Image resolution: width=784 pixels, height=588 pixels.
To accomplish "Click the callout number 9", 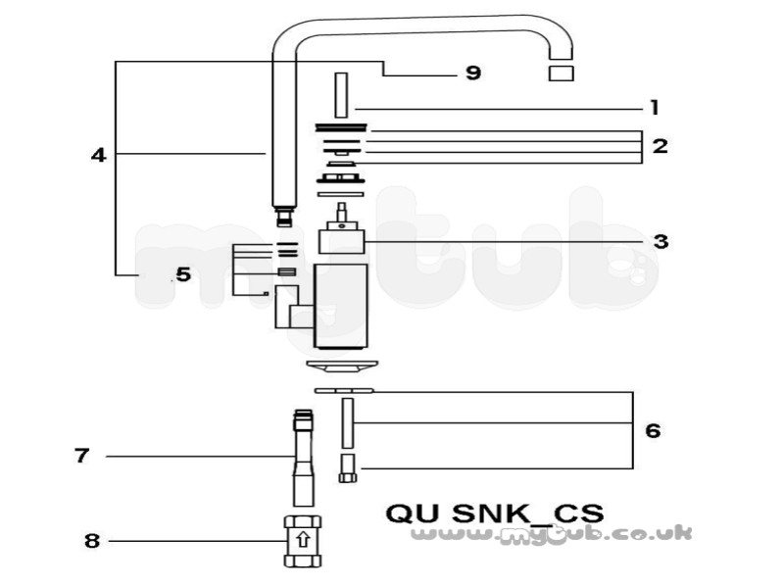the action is coord(473,73).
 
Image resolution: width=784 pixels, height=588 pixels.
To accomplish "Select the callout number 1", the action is coord(655,108).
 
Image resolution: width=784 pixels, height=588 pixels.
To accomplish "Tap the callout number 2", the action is coord(660,146).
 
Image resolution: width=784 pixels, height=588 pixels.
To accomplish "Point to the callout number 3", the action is coord(661,241).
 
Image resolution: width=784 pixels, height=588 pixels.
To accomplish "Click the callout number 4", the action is coord(99,155).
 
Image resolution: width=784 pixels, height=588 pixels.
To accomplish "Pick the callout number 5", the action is coord(183,274).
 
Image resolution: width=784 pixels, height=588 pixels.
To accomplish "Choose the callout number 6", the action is coord(653,430).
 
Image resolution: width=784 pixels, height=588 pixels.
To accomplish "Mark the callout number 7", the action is coord(82,456).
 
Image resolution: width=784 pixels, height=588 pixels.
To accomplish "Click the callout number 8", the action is coord(92,541).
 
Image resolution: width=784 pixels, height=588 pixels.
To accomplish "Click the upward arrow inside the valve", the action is coord(303,541).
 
